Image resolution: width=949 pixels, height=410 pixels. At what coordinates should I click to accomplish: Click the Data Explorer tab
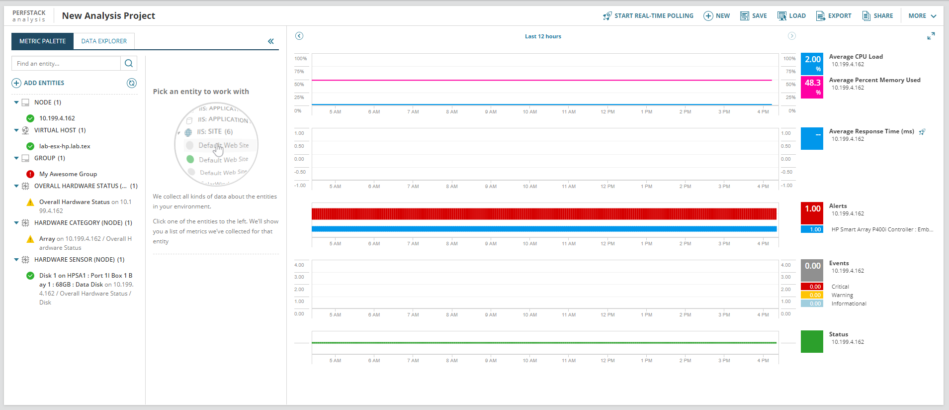[x=104, y=41]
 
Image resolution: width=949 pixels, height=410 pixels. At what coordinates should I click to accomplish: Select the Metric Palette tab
[x=42, y=41]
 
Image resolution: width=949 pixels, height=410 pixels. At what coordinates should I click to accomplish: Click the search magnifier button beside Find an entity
[x=129, y=63]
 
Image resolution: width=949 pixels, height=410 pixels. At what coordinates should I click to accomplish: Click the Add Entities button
[x=38, y=83]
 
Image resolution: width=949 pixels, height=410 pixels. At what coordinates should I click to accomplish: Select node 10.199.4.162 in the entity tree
[x=57, y=118]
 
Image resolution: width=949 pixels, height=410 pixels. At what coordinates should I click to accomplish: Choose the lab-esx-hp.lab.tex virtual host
[x=65, y=146]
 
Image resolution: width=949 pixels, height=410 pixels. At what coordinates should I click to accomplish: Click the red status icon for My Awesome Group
[x=30, y=174]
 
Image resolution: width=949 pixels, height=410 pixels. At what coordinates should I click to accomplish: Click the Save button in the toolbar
[x=754, y=16]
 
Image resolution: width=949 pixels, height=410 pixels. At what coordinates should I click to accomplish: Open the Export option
[x=834, y=16]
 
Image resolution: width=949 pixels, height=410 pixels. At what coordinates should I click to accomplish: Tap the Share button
[x=877, y=16]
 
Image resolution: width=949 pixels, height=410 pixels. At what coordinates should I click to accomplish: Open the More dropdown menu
[x=922, y=16]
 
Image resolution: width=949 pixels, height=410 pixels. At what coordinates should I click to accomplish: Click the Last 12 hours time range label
[x=543, y=36]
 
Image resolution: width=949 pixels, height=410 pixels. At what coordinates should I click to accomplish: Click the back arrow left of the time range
[x=299, y=36]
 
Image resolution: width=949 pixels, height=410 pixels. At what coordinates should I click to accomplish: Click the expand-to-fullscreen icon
[x=931, y=36]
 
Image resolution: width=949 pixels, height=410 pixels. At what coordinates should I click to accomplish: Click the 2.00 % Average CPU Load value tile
[x=812, y=63]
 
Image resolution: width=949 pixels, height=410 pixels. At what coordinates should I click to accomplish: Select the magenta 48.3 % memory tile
[x=812, y=87]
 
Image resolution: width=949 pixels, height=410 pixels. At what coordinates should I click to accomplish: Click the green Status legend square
[x=812, y=341]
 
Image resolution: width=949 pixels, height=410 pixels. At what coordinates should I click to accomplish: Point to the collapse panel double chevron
[x=271, y=41]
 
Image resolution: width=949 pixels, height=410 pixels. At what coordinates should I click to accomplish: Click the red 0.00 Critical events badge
[x=812, y=287]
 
